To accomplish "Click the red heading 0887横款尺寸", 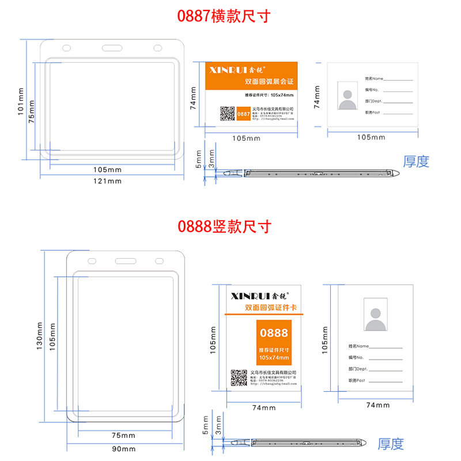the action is tap(224, 16).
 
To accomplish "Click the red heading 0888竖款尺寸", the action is tap(224, 226).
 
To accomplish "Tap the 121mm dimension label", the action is tap(108, 181).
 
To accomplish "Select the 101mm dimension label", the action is tap(21, 101).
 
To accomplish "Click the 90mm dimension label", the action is tap(123, 449).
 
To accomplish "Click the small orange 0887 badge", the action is tap(244, 114).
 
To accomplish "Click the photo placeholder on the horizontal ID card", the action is tap(347, 96).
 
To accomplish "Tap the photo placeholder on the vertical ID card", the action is tap(376, 315).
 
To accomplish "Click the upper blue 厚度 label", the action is tap(416, 161).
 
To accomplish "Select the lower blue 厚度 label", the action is tap(391, 444).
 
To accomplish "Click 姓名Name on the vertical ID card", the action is tap(358, 346).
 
